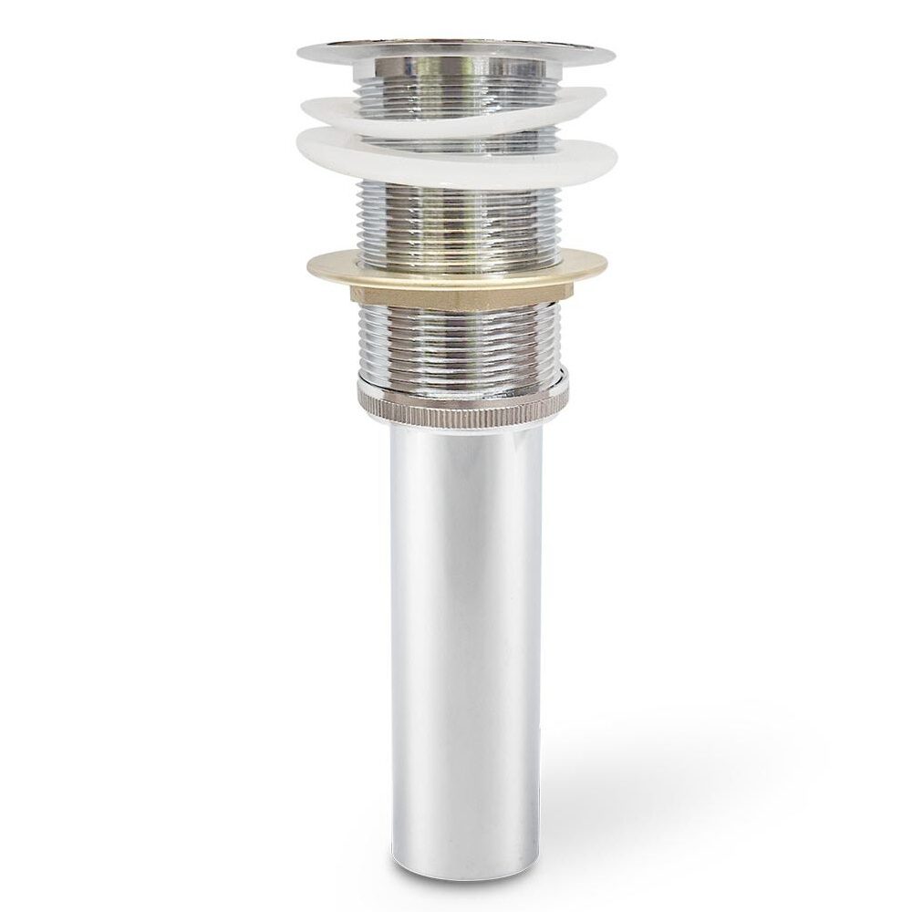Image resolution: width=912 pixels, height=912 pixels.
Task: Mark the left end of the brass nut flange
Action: [307, 265]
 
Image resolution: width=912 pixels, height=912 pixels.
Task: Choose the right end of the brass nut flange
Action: [606, 264]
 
